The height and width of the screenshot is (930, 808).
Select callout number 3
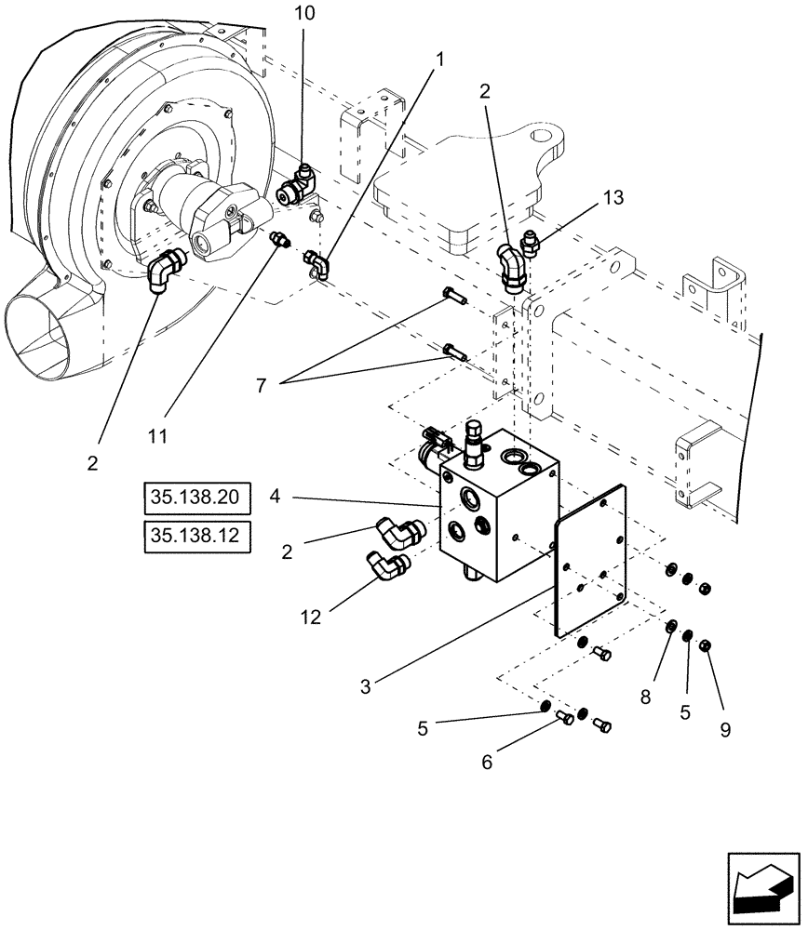[367, 687]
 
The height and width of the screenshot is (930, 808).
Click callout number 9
[723, 729]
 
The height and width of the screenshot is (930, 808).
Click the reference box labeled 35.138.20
[197, 498]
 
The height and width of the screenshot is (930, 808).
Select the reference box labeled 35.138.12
[197, 537]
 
